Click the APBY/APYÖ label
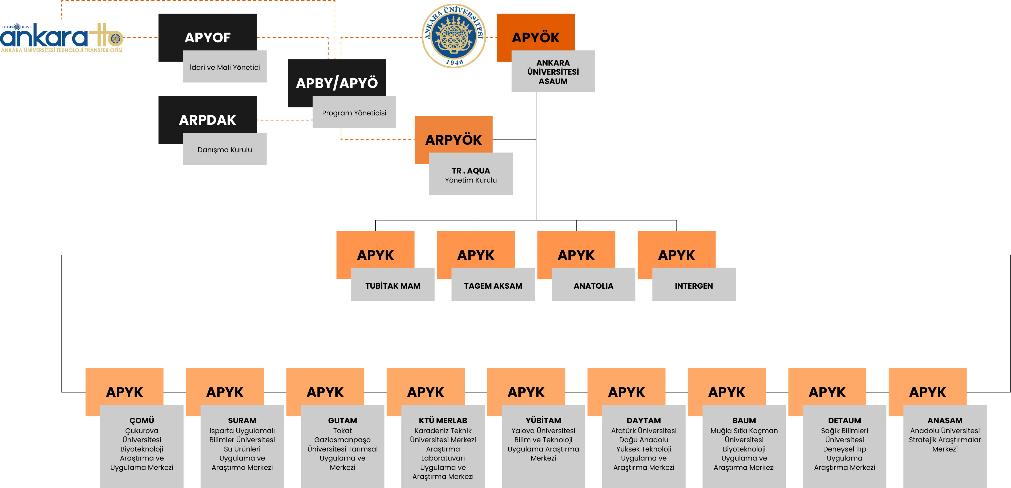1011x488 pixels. [x=337, y=83]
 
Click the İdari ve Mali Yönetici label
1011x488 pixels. [x=225, y=67]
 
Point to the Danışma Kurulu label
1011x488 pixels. [x=225, y=150]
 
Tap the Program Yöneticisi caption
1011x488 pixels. [x=354, y=113]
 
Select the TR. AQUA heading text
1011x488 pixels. [x=471, y=171]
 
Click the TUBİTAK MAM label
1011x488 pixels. [x=393, y=286]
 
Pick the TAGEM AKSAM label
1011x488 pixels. [x=493, y=286]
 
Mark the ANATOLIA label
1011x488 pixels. [x=593, y=286]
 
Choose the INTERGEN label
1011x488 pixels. [x=694, y=286]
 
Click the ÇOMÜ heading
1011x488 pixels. [x=142, y=421]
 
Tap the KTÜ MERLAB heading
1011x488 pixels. [x=443, y=421]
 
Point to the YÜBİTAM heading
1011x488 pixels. [x=543, y=421]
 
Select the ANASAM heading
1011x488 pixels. [x=945, y=421]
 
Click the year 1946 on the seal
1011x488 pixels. [x=455, y=62]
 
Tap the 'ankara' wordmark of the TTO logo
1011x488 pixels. [x=44, y=37]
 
